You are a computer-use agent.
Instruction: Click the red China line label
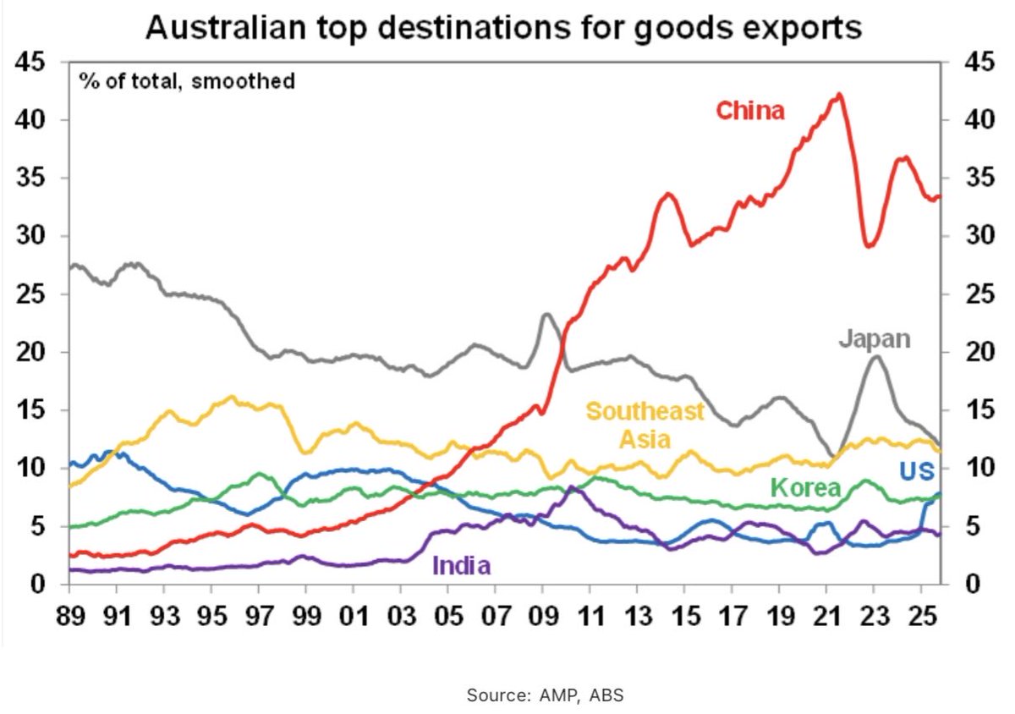(x=750, y=111)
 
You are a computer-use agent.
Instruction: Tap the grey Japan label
(x=875, y=339)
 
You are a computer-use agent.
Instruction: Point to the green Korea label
(x=805, y=487)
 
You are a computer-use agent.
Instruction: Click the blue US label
(x=917, y=471)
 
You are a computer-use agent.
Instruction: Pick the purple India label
(x=461, y=565)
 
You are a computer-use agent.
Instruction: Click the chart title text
(x=504, y=28)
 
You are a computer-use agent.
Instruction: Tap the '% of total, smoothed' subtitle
(x=187, y=81)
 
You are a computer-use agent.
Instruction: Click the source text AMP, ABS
(x=546, y=695)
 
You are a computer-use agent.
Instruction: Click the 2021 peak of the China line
(x=838, y=95)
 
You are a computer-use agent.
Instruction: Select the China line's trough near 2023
(x=869, y=246)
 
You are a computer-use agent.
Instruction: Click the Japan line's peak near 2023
(x=875, y=356)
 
